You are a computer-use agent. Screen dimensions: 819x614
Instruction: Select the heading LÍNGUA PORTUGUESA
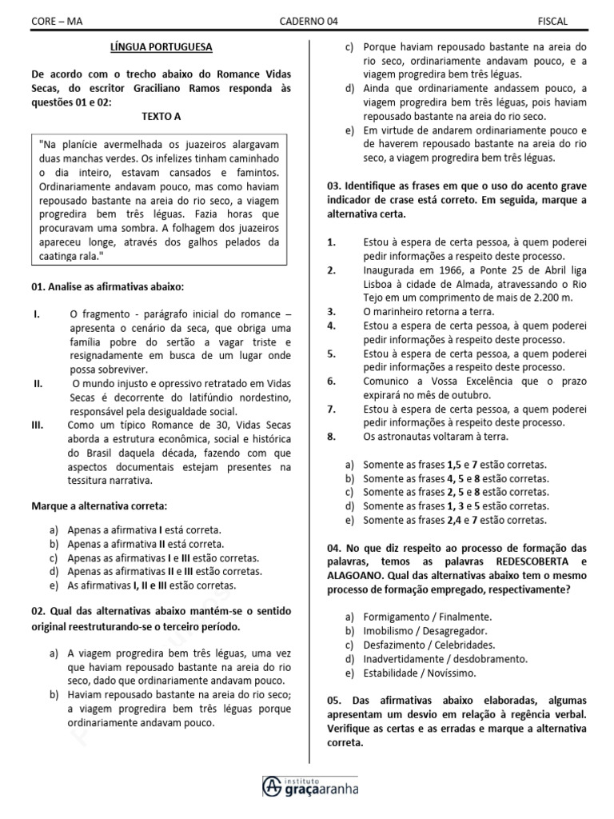[x=161, y=47]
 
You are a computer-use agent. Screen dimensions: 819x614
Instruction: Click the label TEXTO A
[x=161, y=116]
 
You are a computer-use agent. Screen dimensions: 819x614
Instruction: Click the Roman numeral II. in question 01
[x=38, y=384]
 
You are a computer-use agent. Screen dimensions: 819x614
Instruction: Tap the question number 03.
[x=333, y=186]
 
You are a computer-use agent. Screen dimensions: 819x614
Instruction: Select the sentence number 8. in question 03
[x=332, y=437]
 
